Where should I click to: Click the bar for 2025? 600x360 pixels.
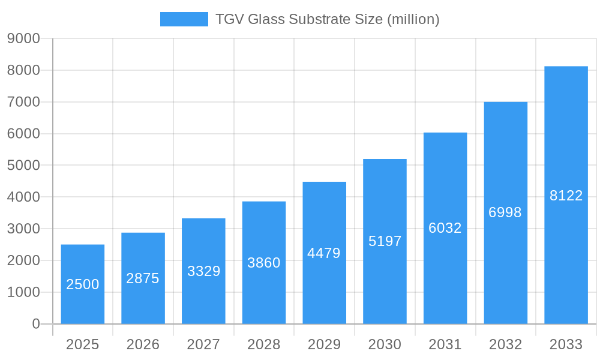[x=83, y=284]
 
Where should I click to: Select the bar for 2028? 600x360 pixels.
[x=264, y=263]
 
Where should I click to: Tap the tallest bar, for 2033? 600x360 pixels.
[x=566, y=195]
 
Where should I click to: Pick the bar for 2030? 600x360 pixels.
[x=385, y=241]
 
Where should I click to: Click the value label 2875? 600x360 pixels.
[x=143, y=278]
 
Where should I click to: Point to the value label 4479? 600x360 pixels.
[x=324, y=253]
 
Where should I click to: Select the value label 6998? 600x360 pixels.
[x=505, y=212]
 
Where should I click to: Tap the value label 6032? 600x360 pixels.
[x=445, y=228]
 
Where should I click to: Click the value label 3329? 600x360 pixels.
[x=203, y=271]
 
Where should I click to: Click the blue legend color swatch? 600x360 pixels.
[x=184, y=19]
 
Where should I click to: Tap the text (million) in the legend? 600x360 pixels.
[x=413, y=19]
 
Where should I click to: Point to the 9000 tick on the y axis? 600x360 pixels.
[x=23, y=38]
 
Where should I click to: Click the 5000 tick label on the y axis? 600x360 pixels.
[x=23, y=166]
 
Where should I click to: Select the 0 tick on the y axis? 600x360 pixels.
[x=35, y=324]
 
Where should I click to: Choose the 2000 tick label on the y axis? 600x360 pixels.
[x=23, y=260]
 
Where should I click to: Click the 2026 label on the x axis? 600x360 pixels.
[x=143, y=344]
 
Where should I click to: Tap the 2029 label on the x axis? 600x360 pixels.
[x=324, y=344]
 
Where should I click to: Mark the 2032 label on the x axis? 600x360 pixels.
[x=505, y=344]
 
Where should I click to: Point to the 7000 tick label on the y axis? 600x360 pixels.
[x=23, y=102]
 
